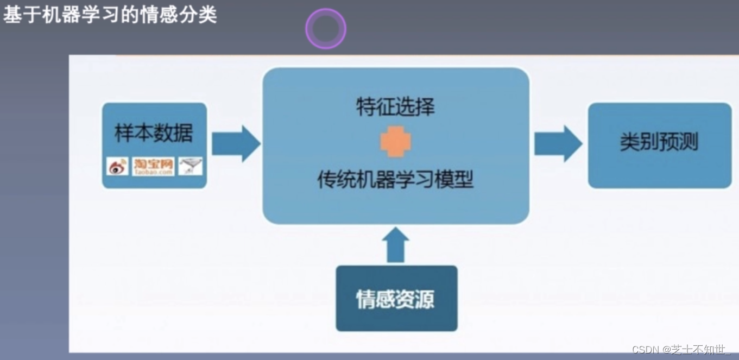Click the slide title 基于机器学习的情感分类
[x=110, y=15]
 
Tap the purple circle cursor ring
[x=326, y=29]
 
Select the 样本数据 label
[x=154, y=134]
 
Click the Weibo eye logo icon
[x=118, y=167]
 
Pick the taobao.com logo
[x=153, y=167]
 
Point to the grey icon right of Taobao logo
[x=190, y=166]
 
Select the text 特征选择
[x=395, y=107]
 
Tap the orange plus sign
[x=395, y=142]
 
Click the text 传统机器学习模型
[x=395, y=180]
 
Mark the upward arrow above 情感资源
[x=395, y=244]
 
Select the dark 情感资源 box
[x=396, y=299]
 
